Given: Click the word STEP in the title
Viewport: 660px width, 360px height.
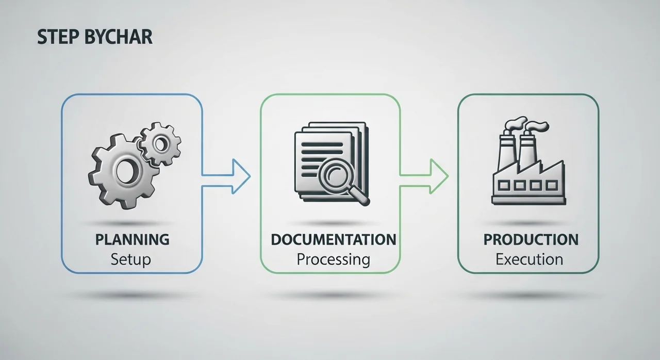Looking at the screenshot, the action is pos(58,37).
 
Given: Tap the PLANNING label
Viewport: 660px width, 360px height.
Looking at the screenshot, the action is pos(133,239).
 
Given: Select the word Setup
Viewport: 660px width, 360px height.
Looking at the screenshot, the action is pos(131,260).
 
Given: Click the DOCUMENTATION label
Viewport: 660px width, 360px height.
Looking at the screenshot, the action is pos(334,239).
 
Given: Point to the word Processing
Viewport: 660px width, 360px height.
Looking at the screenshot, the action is pos(333,260).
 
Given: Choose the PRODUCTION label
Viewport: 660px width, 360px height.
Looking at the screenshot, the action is pos(531,239).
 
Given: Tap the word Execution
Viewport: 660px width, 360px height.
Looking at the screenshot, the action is pos(529,259).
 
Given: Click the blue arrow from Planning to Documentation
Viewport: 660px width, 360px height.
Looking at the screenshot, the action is pos(226,176).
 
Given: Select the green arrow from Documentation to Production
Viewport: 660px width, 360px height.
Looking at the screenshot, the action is pos(424,176).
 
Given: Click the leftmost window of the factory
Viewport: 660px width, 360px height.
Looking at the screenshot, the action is pos(504,186).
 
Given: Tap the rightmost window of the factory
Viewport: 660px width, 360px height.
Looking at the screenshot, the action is pos(552,186).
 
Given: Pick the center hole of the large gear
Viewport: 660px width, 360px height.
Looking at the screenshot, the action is pos(127,171).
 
